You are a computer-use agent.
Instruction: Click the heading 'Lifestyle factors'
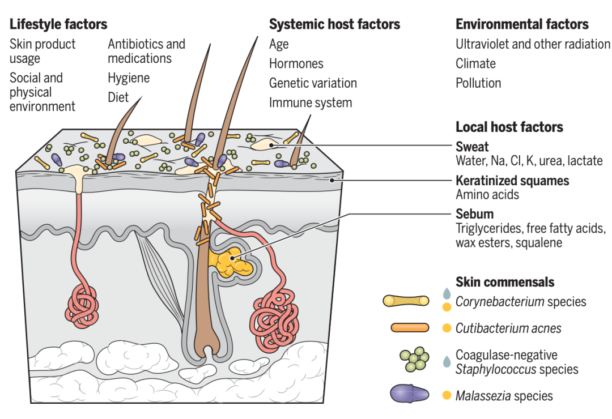click(58, 24)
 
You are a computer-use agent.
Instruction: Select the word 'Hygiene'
click(129, 78)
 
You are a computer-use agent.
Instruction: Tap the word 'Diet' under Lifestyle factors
click(118, 97)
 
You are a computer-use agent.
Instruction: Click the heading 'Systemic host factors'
click(334, 24)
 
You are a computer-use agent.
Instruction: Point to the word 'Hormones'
click(296, 63)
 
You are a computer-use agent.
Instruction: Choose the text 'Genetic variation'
click(313, 83)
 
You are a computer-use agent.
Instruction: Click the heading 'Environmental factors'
click(522, 24)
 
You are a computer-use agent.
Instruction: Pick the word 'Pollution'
click(478, 83)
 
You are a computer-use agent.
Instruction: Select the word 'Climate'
click(475, 63)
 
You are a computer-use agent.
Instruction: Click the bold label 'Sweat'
click(472, 147)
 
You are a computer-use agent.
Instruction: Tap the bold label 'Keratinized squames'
click(512, 181)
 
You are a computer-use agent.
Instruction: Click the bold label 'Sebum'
click(474, 214)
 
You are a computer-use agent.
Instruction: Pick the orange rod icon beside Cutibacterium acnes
click(410, 328)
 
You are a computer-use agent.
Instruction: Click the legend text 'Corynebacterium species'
click(521, 301)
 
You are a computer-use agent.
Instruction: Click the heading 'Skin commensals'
click(505, 281)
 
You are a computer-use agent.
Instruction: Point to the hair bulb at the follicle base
click(206, 345)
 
